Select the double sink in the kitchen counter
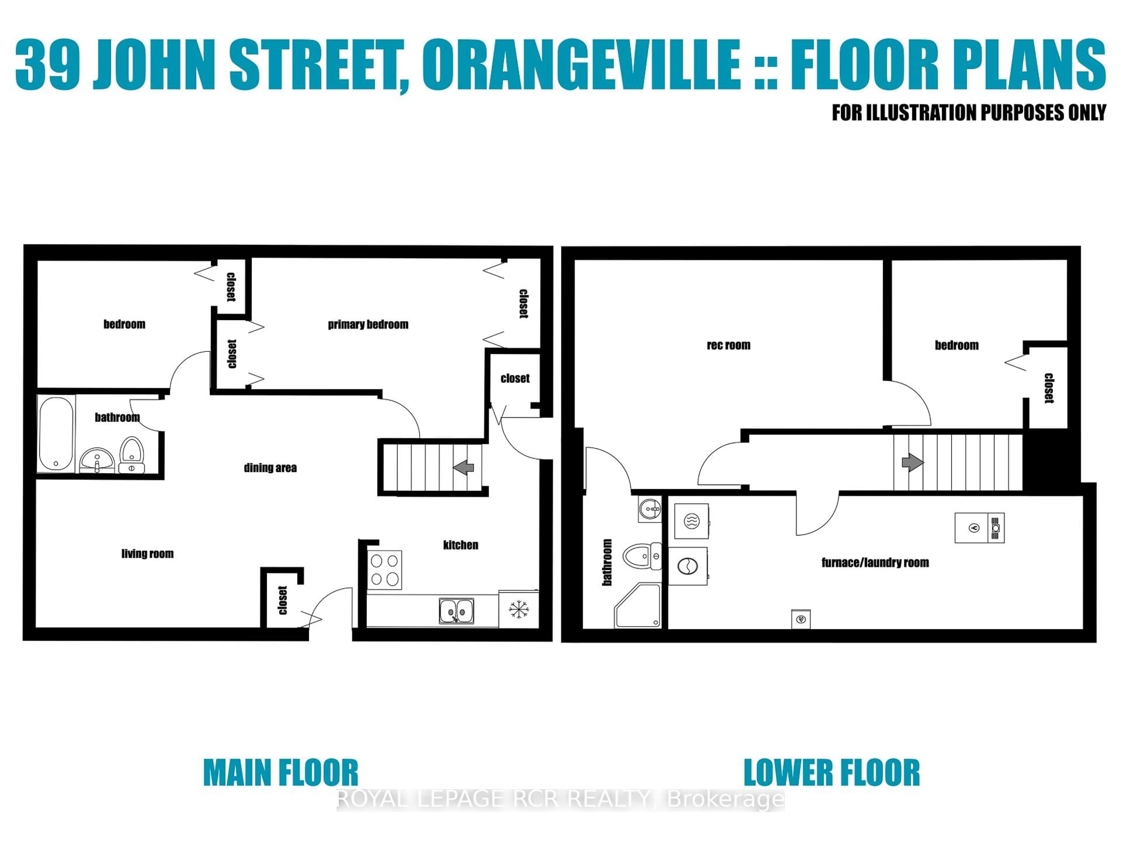pyautogui.click(x=456, y=611)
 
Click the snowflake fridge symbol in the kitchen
pyautogui.click(x=518, y=609)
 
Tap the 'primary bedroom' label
pyautogui.click(x=368, y=324)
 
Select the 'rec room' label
pyautogui.click(x=728, y=345)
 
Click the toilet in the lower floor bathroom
pyautogui.click(x=640, y=556)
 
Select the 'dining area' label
pyautogui.click(x=270, y=468)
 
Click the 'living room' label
pyautogui.click(x=147, y=554)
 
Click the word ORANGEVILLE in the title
pyautogui.click(x=581, y=66)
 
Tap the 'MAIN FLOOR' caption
pyautogui.click(x=280, y=773)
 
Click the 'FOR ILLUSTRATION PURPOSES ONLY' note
pyautogui.click(x=968, y=112)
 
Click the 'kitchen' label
pyautogui.click(x=460, y=545)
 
